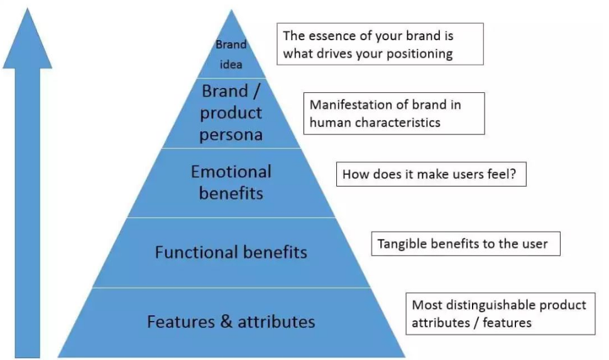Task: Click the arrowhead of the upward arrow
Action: [27, 39]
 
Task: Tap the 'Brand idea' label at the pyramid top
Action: [231, 55]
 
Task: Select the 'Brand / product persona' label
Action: [231, 112]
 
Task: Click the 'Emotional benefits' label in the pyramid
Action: [231, 182]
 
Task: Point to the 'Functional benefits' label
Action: [231, 252]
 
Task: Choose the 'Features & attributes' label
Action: [231, 322]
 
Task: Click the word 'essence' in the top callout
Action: [332, 36]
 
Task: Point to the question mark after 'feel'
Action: [513, 173]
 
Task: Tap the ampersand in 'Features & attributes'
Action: [226, 322]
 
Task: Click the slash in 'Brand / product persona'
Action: [256, 91]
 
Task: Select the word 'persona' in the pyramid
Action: [231, 135]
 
